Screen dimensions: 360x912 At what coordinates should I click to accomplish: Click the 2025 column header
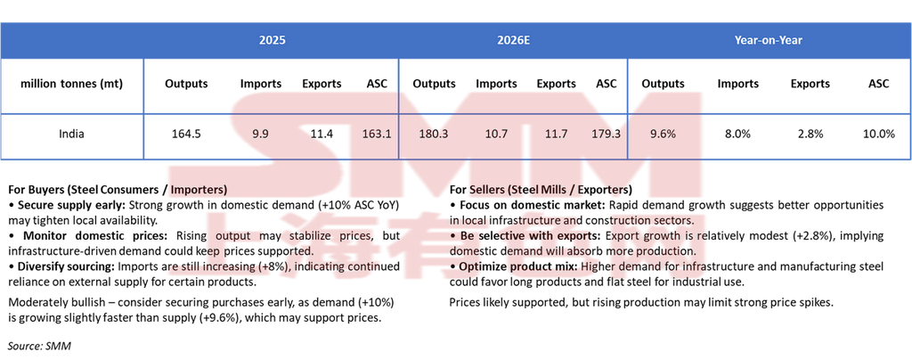(x=272, y=40)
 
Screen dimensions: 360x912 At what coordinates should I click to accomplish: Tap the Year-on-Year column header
(x=769, y=40)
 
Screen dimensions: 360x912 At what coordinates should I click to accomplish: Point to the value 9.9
(x=260, y=134)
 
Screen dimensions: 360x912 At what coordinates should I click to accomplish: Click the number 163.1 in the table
(x=377, y=134)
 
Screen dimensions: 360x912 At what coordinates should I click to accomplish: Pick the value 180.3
(x=433, y=134)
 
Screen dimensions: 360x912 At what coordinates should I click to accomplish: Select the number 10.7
(x=496, y=134)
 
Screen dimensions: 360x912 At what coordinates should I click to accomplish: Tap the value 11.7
(x=556, y=134)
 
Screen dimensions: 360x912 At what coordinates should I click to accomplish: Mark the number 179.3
(x=606, y=134)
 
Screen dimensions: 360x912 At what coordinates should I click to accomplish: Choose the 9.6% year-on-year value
(x=663, y=134)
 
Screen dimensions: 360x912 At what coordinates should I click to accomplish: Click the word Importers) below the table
(x=198, y=190)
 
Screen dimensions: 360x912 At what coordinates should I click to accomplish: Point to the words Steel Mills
(x=543, y=190)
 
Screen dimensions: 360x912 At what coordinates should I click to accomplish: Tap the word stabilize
(x=309, y=236)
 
